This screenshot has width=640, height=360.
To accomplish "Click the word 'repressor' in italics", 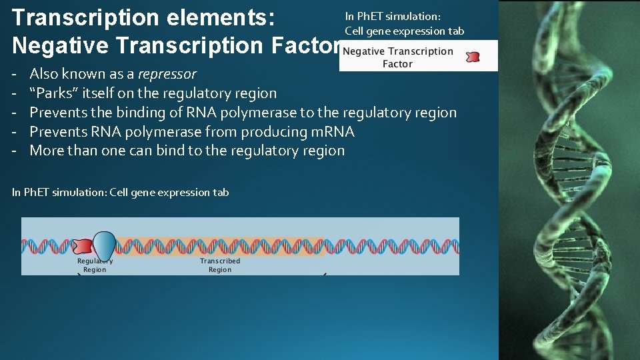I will pyautogui.click(x=167, y=74).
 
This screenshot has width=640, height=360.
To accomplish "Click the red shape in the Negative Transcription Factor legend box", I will pyautogui.click(x=473, y=57).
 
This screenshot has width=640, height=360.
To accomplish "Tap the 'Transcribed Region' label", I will pyautogui.click(x=220, y=265).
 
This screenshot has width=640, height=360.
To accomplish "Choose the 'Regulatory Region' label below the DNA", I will pyautogui.click(x=95, y=265).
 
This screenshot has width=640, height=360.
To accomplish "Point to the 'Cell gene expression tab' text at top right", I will pyautogui.click(x=404, y=31).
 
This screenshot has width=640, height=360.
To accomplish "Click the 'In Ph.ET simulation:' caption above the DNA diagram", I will pyautogui.click(x=59, y=193).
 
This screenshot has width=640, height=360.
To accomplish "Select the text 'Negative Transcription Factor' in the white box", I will pyautogui.click(x=398, y=57).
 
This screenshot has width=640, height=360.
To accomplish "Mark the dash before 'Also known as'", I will pyautogui.click(x=15, y=74).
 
